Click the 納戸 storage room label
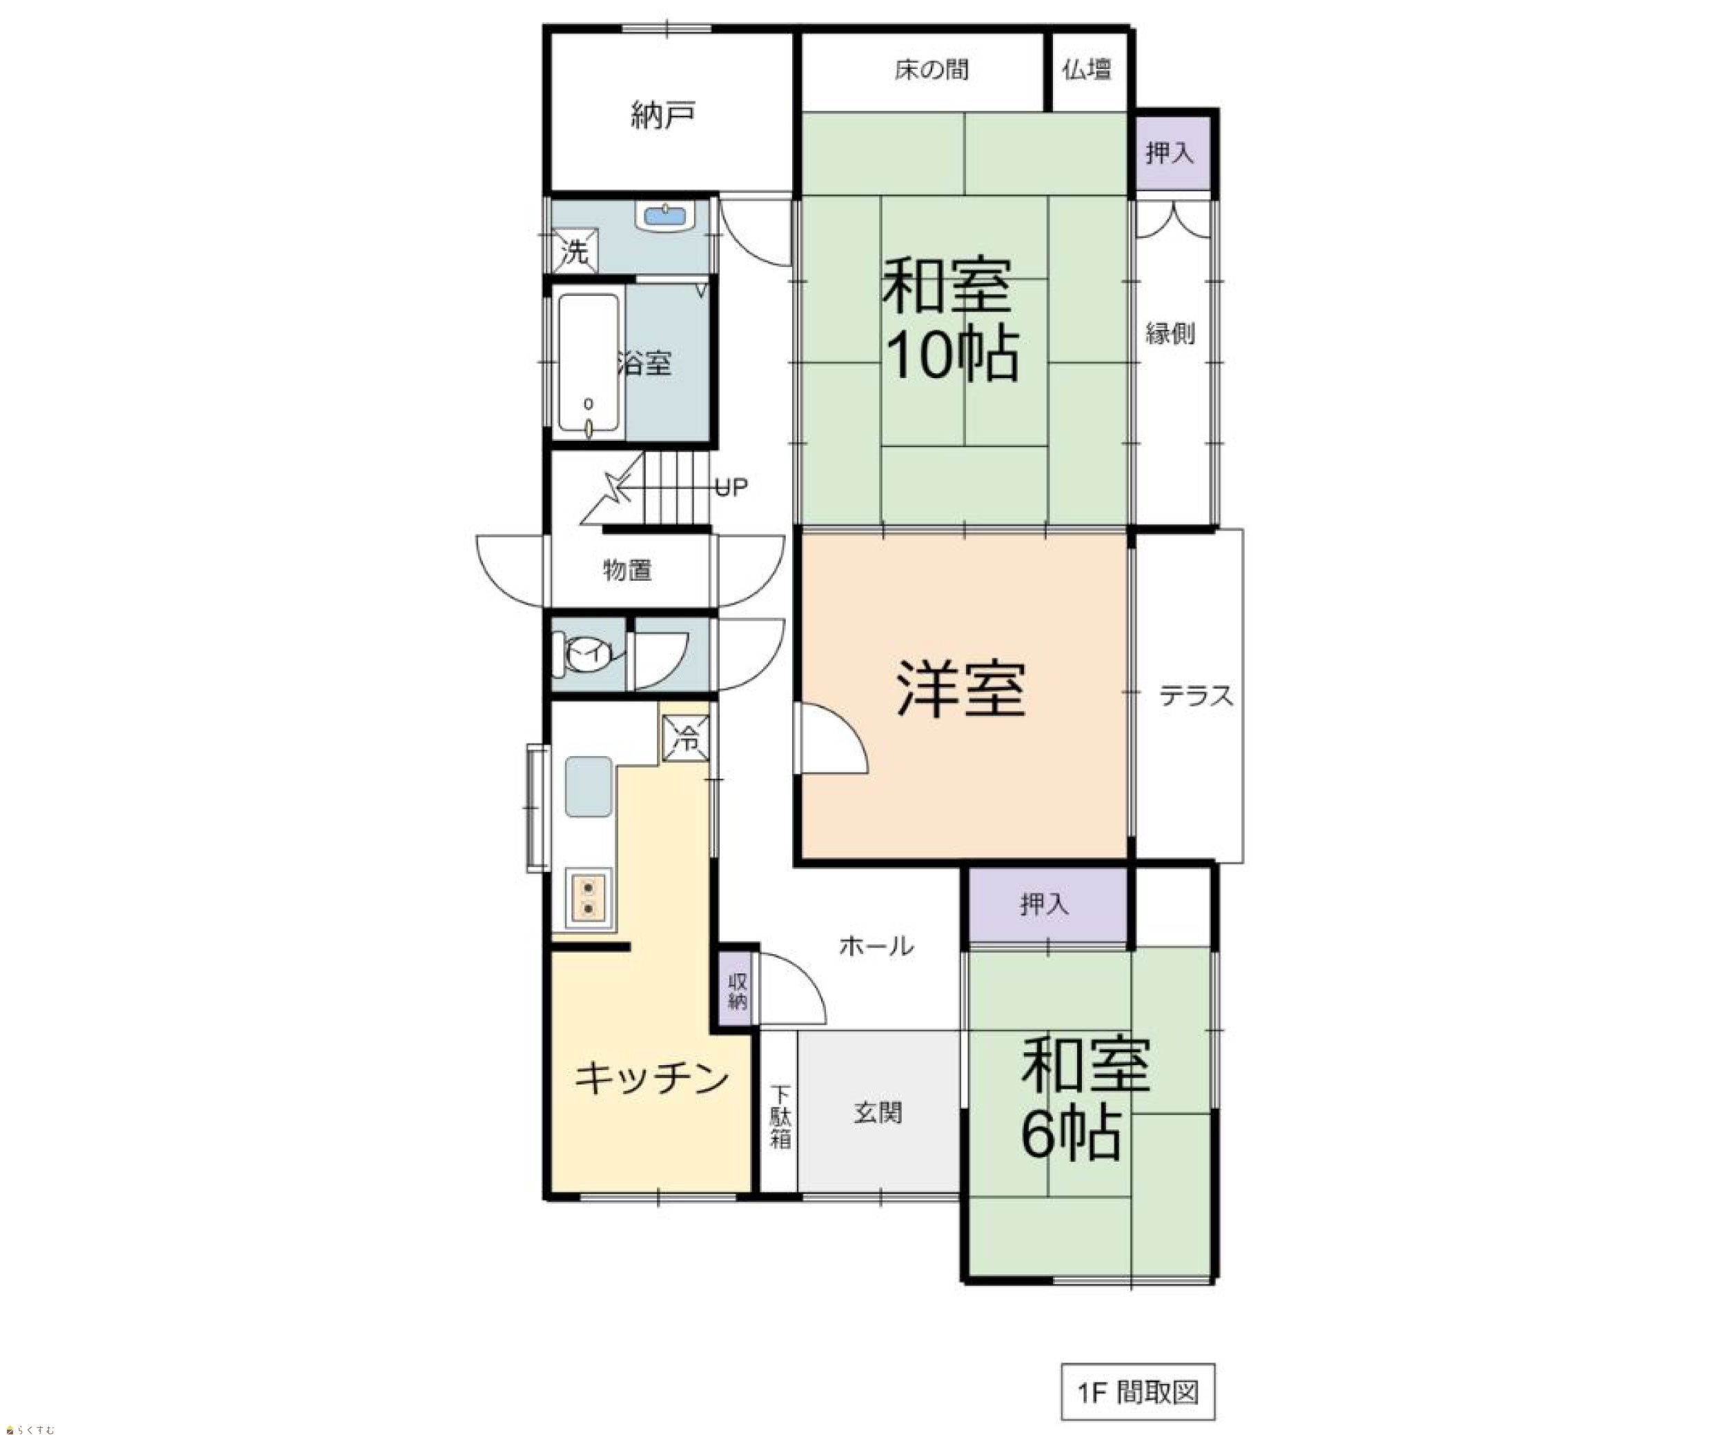(663, 115)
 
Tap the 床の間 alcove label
(931, 70)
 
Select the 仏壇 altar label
(1087, 70)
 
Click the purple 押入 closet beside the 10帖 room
(1170, 152)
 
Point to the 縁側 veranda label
(1170, 333)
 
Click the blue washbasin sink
(665, 217)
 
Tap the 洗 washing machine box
(575, 251)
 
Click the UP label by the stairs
(731, 488)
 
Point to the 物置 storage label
(628, 570)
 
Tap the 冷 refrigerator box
(686, 738)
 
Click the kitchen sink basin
(588, 786)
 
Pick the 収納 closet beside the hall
(738, 991)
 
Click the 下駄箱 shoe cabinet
(780, 1113)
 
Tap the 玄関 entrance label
(878, 1113)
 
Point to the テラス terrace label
(1196, 696)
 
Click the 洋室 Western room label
(961, 690)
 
